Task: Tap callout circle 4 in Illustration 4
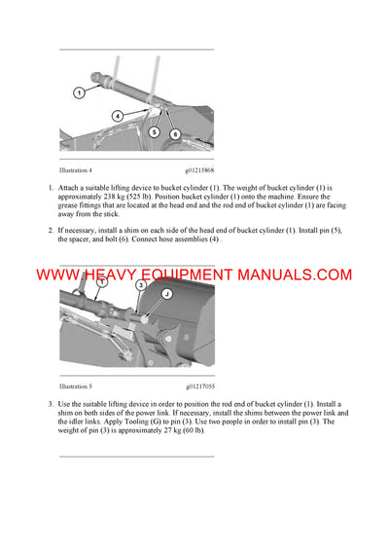coord(117,115)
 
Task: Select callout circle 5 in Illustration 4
coord(154,131)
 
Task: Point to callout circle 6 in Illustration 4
coord(175,133)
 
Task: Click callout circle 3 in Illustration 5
coord(141,285)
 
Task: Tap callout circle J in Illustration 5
coord(166,293)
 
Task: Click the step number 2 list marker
coord(50,230)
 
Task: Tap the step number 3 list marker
coord(50,404)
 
